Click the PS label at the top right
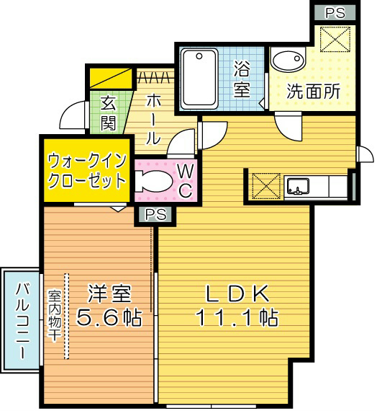[334, 12]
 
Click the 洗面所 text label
[313, 92]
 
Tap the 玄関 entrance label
[109, 112]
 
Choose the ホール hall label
[153, 117]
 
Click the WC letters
[184, 180]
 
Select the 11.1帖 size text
[237, 317]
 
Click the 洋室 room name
[109, 294]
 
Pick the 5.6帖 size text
[110, 317]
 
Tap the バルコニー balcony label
[20, 322]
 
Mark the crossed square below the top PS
[334, 39]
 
